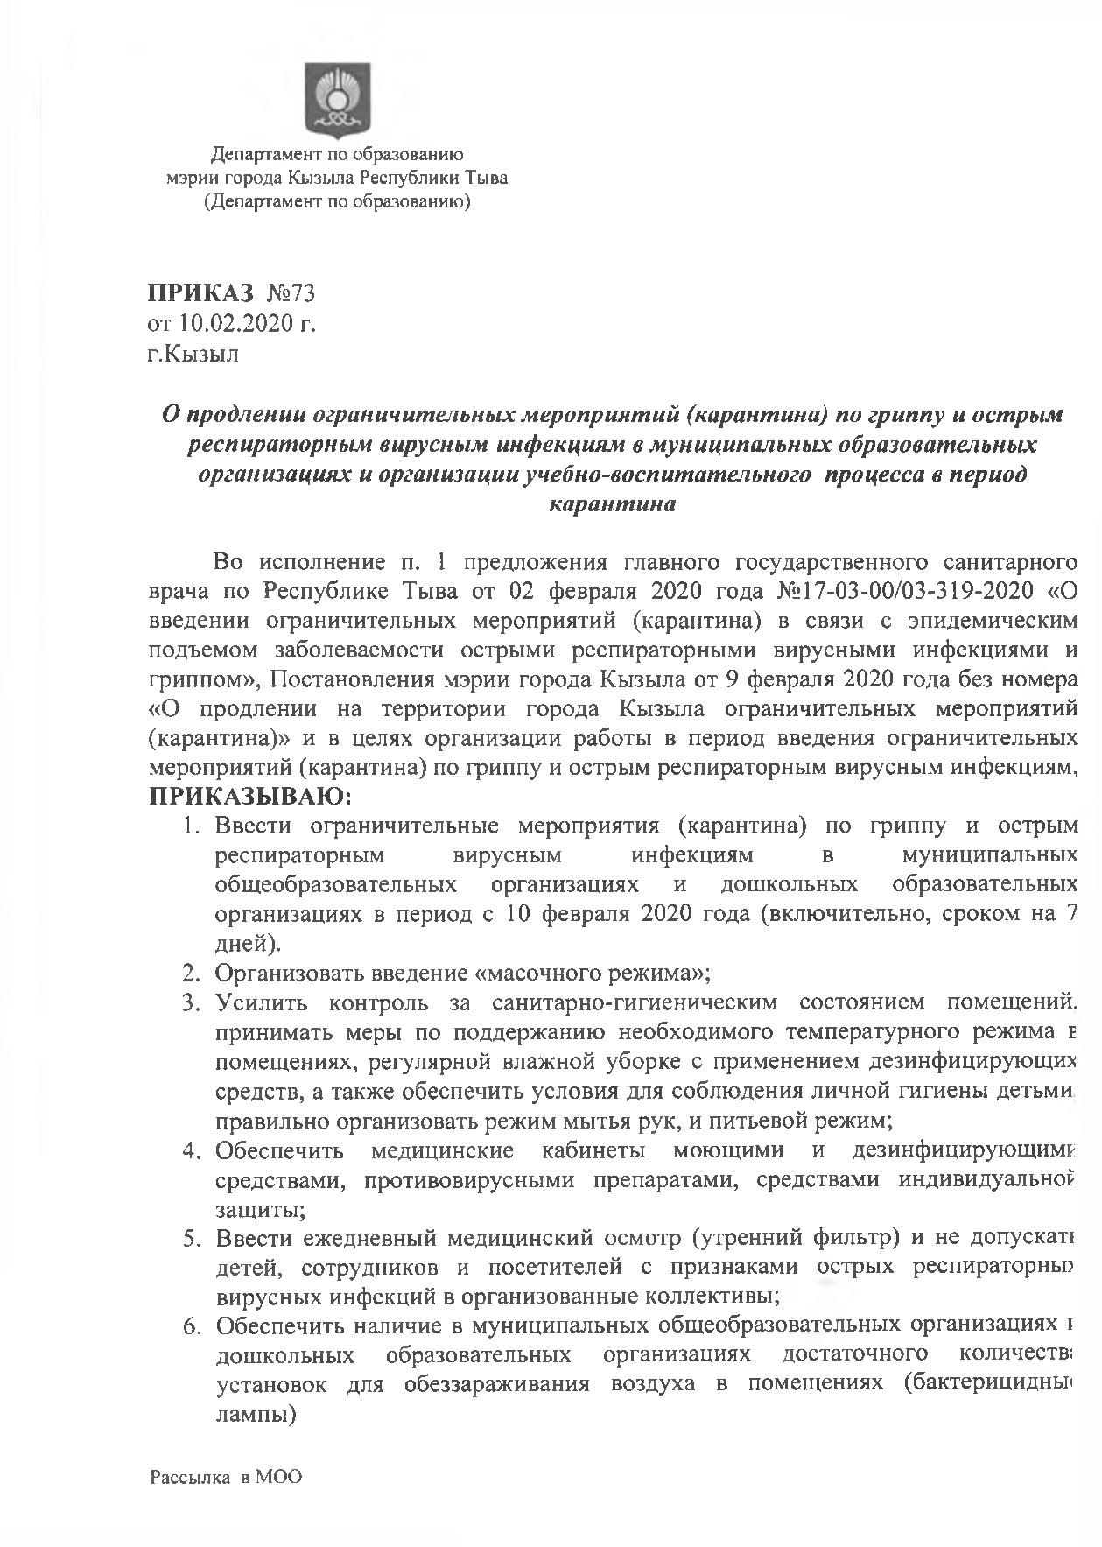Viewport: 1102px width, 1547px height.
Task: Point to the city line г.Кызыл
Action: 193,355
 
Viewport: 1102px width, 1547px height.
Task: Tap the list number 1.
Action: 192,826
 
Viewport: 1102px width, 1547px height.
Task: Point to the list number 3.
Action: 192,1002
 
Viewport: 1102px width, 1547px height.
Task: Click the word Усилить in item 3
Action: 259,1002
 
